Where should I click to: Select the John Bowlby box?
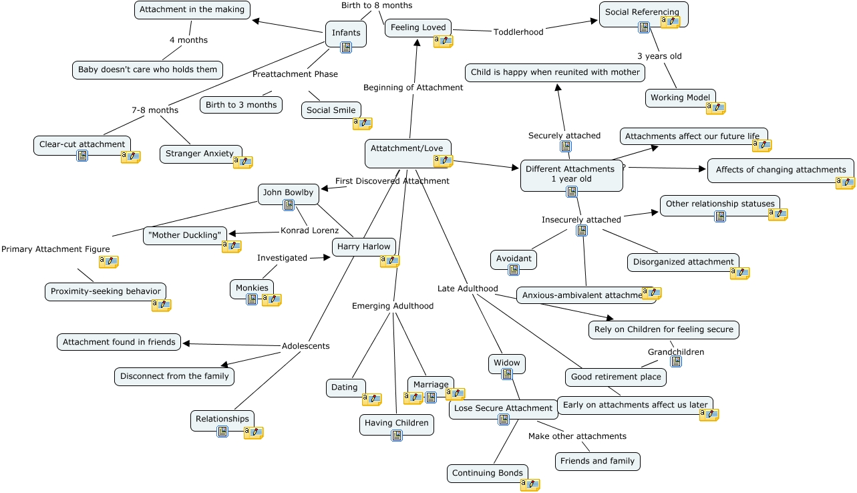coord(288,192)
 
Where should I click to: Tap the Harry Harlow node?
coord(363,246)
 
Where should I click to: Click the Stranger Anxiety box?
coord(200,154)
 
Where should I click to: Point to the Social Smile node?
coord(331,110)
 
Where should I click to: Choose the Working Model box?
coord(681,98)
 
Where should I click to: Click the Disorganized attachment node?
coord(683,262)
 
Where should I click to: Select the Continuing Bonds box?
coord(487,473)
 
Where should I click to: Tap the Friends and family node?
coord(598,461)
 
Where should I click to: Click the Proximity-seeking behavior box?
coord(106,291)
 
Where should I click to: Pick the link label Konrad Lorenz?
coord(309,230)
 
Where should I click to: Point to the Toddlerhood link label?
coord(518,31)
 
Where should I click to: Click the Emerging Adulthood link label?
coord(393,306)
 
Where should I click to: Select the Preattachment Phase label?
coord(295,74)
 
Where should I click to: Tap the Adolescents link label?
coord(305,346)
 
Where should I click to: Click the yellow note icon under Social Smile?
coord(362,123)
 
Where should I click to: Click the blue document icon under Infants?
coord(346,47)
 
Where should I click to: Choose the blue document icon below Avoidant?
coord(514,270)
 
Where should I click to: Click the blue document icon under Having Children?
coord(397,436)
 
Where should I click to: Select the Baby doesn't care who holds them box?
coord(148,69)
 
